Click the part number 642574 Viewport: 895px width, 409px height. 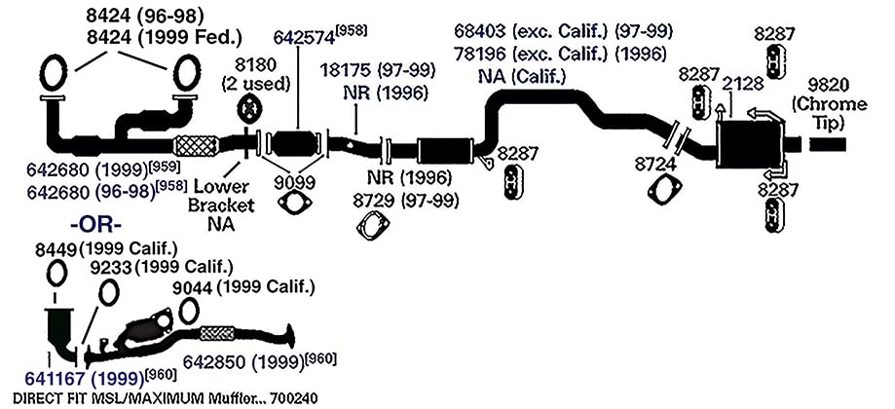(x=304, y=37)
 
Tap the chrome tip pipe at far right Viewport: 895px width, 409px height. (x=828, y=144)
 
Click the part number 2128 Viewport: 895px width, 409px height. (x=743, y=84)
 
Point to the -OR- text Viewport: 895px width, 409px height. (x=95, y=224)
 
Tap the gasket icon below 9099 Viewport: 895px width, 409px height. (x=294, y=204)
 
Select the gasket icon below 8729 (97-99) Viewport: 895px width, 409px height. (x=372, y=225)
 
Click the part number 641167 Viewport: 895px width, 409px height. (x=56, y=378)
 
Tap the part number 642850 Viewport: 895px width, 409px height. (x=214, y=362)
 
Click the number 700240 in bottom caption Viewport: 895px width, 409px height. (x=294, y=397)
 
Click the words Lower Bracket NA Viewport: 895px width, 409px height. (x=221, y=204)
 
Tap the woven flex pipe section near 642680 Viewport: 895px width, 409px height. (x=196, y=145)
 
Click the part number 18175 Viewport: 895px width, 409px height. (x=347, y=71)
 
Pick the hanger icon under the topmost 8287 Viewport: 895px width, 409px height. (x=774, y=61)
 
